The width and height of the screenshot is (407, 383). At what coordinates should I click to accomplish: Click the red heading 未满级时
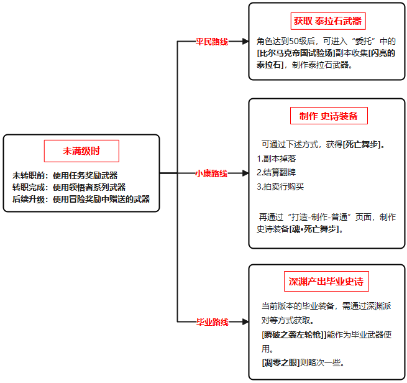81,151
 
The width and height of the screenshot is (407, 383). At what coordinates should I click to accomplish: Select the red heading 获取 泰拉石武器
327,21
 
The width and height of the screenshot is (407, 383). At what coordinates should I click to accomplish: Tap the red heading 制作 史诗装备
329,116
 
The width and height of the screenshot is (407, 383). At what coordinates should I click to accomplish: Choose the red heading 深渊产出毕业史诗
326,282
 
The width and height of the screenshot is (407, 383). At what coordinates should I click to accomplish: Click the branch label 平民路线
212,42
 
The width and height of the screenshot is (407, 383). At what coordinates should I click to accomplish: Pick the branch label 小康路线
211,173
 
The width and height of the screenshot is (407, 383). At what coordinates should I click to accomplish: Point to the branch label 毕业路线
213,322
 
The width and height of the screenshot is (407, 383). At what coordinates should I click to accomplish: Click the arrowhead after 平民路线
245,41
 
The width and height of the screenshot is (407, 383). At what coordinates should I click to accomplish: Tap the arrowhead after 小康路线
245,173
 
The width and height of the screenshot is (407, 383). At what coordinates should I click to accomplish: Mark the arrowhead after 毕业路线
245,322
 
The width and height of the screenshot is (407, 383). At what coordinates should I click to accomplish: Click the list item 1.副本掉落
276,159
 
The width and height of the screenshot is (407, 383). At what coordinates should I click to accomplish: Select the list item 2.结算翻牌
276,172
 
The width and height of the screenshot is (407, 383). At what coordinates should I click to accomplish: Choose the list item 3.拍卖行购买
280,187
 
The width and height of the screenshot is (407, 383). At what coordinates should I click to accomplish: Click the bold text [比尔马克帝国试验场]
296,53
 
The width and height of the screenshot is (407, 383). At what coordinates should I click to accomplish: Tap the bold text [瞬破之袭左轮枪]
294,335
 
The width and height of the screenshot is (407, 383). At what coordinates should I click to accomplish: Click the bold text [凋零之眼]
281,362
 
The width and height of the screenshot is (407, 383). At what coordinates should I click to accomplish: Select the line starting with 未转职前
65,175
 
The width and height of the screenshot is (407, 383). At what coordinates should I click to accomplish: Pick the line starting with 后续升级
81,199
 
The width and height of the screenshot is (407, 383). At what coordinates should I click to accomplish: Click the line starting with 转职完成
69,187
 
